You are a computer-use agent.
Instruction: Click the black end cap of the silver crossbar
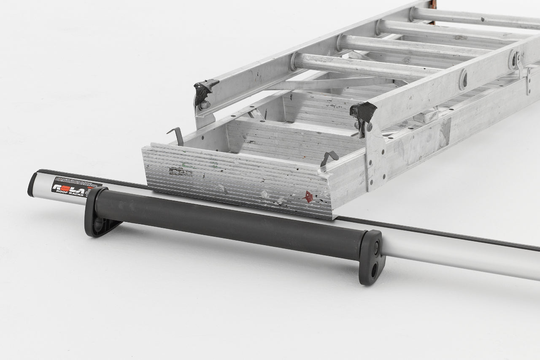[x=32, y=184]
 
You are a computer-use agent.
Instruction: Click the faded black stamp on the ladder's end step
[x=181, y=171]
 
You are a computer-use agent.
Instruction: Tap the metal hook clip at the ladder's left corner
[x=176, y=135]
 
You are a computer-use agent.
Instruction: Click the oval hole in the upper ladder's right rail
[x=463, y=79]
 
